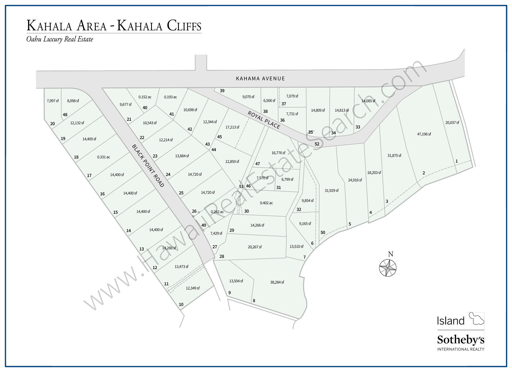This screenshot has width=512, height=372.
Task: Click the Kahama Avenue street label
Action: [x=260, y=78]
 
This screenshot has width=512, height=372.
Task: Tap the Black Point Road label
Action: [x=148, y=166]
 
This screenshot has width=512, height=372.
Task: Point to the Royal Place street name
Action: [x=264, y=120]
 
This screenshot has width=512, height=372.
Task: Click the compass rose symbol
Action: [x=388, y=268]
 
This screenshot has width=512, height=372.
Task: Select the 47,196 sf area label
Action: [x=424, y=134]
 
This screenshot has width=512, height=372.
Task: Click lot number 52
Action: [x=317, y=144]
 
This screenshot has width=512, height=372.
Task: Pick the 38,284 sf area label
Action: [x=277, y=282]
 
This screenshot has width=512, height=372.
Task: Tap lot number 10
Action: [x=181, y=304]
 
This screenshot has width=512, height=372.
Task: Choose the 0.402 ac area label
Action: [x=266, y=203]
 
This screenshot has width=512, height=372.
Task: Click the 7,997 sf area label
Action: [x=53, y=101]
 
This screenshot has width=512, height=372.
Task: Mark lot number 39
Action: [x=222, y=91]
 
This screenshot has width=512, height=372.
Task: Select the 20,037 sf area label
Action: [x=452, y=122]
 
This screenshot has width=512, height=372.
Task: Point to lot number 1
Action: [x=456, y=161]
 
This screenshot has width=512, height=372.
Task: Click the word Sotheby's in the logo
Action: [x=461, y=340]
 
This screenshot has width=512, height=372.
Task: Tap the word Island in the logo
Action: [x=451, y=321]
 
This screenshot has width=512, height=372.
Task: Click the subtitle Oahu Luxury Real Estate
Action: [x=60, y=39]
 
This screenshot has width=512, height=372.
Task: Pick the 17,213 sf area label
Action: [x=232, y=127]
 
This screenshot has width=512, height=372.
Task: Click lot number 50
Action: [x=323, y=232]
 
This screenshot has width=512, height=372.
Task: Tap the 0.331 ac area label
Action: [x=103, y=157]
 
